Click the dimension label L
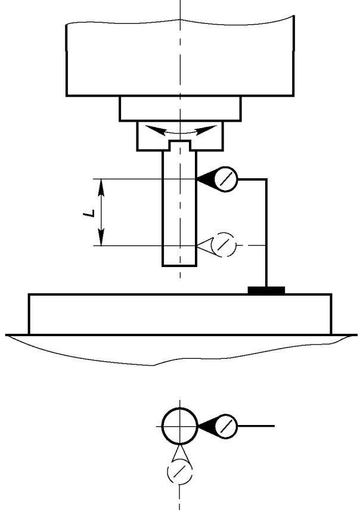click(87, 212)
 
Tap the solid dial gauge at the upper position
click(226, 179)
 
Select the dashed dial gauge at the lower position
click(225, 244)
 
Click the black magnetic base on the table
click(266, 290)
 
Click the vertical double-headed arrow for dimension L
click(101, 212)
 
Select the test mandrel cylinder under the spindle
click(179, 209)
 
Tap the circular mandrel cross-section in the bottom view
click(179, 426)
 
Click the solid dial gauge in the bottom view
click(226, 426)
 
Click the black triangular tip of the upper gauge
click(205, 179)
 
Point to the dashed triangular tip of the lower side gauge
click(205, 244)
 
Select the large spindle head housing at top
click(179, 60)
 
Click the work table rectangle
click(179, 314)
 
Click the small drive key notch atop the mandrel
click(179, 145)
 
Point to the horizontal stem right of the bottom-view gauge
click(256, 426)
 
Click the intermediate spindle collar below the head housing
click(179, 108)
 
